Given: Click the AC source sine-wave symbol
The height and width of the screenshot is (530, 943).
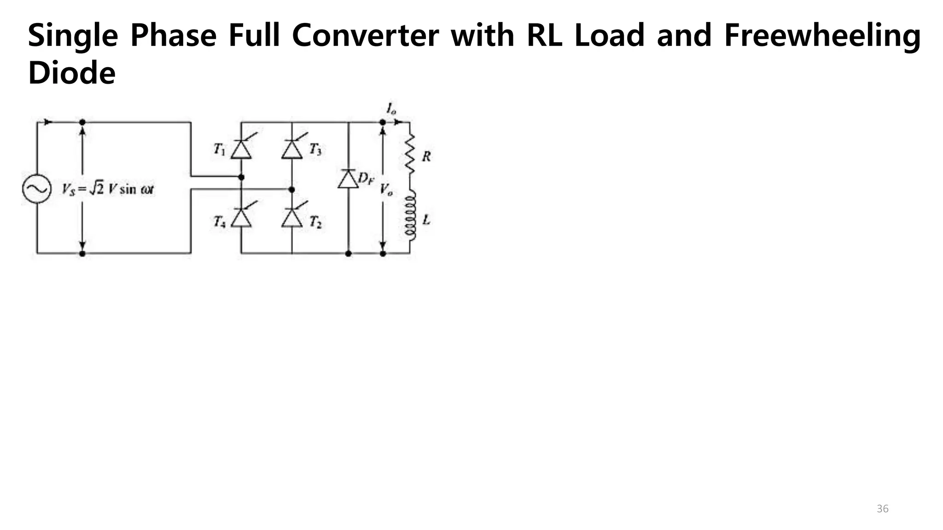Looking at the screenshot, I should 36,189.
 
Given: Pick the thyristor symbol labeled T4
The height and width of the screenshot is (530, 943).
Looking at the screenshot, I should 241,218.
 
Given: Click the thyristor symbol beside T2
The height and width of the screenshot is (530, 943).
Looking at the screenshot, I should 292,218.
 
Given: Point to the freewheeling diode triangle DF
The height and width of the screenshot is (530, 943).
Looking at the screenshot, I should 348,179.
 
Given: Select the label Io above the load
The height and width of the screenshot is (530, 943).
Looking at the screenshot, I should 391,109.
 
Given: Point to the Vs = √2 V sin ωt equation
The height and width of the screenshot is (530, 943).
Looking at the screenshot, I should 108,189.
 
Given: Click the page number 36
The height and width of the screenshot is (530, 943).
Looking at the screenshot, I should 882,508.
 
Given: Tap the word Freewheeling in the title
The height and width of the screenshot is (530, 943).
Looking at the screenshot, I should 822,36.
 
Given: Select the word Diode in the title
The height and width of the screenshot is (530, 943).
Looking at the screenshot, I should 71,73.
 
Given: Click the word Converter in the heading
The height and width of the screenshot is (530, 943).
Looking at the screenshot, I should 365,36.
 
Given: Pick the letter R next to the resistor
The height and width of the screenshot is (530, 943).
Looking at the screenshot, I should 426,156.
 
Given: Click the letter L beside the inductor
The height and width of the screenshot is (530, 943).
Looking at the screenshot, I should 426,220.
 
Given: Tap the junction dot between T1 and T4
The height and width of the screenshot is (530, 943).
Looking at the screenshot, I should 241,177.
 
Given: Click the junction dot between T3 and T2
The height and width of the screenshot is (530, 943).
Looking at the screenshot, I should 291,190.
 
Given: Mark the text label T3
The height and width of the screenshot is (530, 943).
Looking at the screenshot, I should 315,149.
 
